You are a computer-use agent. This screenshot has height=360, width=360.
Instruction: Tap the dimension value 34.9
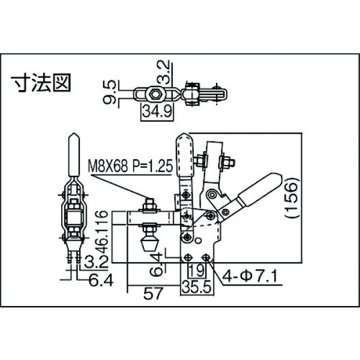154,110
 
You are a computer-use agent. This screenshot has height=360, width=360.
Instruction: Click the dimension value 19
194,270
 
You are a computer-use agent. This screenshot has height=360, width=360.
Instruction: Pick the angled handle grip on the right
257,188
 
